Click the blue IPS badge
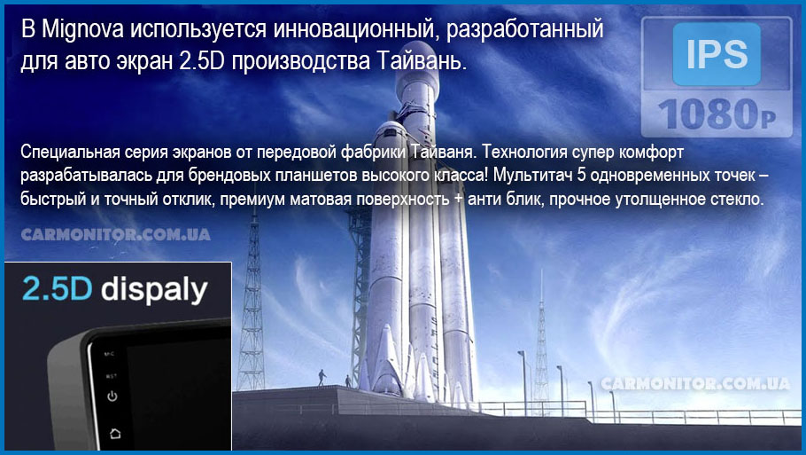click(x=717, y=53)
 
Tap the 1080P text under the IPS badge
click(x=717, y=114)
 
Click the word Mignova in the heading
click(x=82, y=30)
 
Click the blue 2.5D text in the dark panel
click(x=57, y=288)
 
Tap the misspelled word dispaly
click(x=154, y=290)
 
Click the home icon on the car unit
click(x=115, y=434)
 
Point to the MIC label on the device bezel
click(x=109, y=354)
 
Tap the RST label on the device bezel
click(x=111, y=376)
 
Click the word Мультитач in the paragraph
click(x=533, y=175)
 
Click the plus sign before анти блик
click(x=459, y=199)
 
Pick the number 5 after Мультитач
click(x=581, y=175)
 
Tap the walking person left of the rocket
click(x=322, y=377)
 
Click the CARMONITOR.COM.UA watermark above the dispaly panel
click(x=116, y=235)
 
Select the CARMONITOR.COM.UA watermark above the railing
click(x=695, y=383)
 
